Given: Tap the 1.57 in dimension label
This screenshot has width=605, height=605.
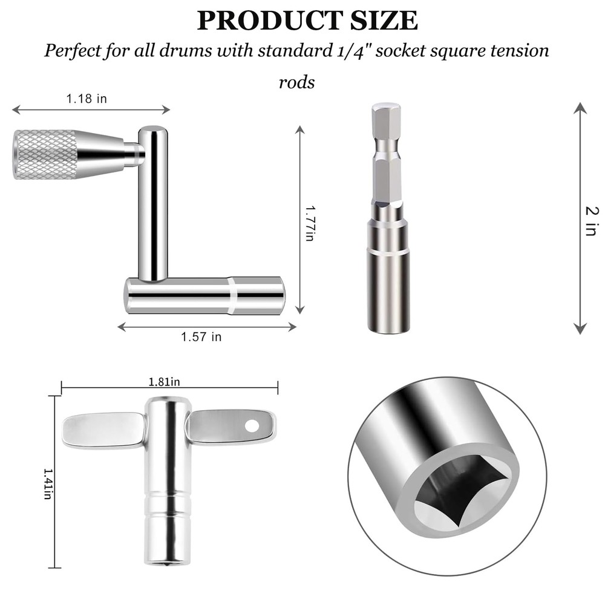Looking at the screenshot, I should pyautogui.click(x=201, y=337).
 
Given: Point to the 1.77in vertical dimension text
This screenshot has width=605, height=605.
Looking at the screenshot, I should pyautogui.click(x=309, y=223).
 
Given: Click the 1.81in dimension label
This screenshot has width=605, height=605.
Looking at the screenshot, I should pyautogui.click(x=165, y=381).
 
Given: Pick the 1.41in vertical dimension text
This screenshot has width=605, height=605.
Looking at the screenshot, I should pyautogui.click(x=48, y=482).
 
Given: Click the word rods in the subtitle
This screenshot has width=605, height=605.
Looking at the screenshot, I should pyautogui.click(x=296, y=82).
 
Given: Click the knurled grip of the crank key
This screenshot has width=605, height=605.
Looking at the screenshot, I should pyautogui.click(x=45, y=154).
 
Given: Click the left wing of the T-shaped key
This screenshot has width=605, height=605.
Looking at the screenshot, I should pyautogui.click(x=103, y=430).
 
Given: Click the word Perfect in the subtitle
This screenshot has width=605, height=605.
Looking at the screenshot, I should pyautogui.click(x=80, y=50).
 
